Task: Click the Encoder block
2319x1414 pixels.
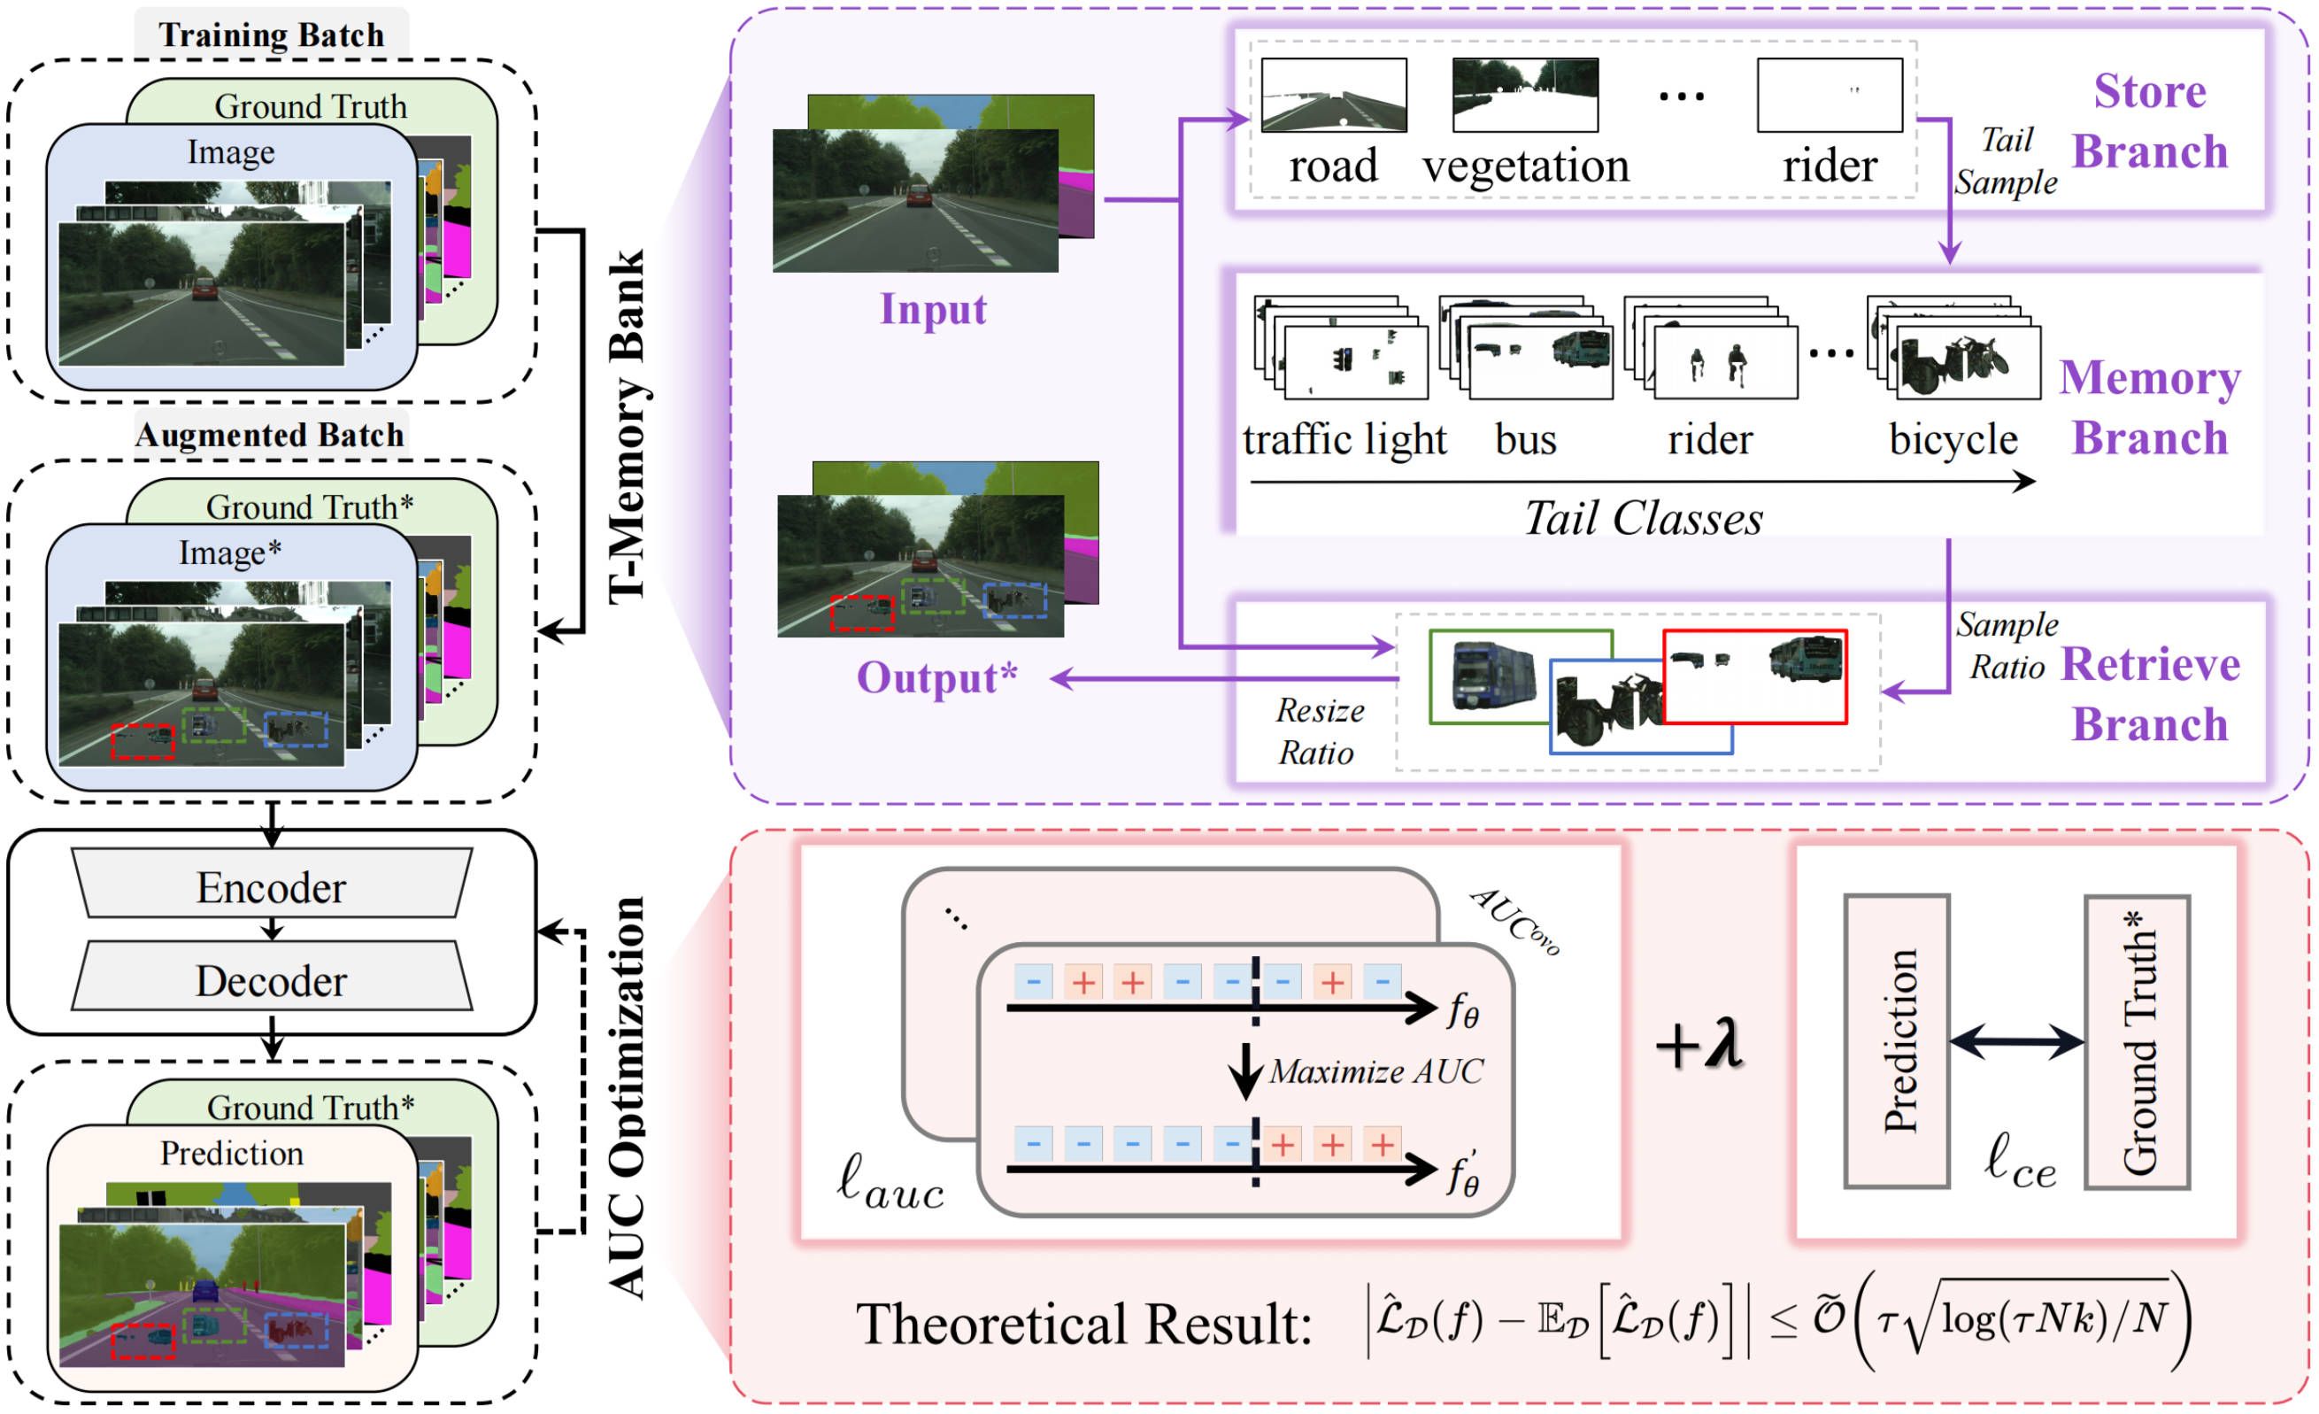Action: tap(272, 886)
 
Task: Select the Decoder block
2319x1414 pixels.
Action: tap(272, 980)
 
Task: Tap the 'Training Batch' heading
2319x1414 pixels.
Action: tap(271, 35)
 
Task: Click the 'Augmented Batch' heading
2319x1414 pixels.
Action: tap(269, 435)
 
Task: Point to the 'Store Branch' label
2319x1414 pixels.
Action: tap(2150, 121)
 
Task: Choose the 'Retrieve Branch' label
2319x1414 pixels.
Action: tap(2151, 694)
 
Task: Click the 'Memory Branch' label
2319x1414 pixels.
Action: tap(2150, 407)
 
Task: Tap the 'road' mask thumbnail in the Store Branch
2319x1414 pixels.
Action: tap(1334, 95)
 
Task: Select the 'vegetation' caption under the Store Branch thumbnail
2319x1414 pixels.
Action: tap(1526, 166)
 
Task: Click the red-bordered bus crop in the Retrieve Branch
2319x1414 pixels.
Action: tap(1755, 676)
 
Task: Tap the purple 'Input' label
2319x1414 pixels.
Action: tap(933, 309)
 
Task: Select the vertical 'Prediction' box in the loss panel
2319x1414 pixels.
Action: tap(1897, 1041)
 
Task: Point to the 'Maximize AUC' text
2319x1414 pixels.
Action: tap(1376, 1071)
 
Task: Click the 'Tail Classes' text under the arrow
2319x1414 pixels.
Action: tap(1644, 519)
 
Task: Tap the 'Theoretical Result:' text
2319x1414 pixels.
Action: tap(1083, 1325)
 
